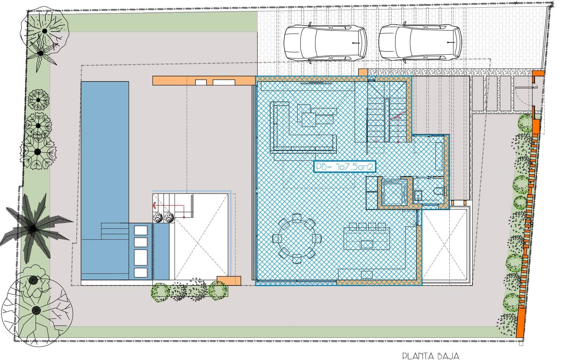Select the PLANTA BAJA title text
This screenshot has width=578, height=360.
pos(431,355)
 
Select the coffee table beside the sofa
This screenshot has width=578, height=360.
pos(315,116)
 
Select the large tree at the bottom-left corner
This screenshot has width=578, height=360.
pos(36,310)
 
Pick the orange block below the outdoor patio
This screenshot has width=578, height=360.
pos(229,281)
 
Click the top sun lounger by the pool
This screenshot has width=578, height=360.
pos(141,230)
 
